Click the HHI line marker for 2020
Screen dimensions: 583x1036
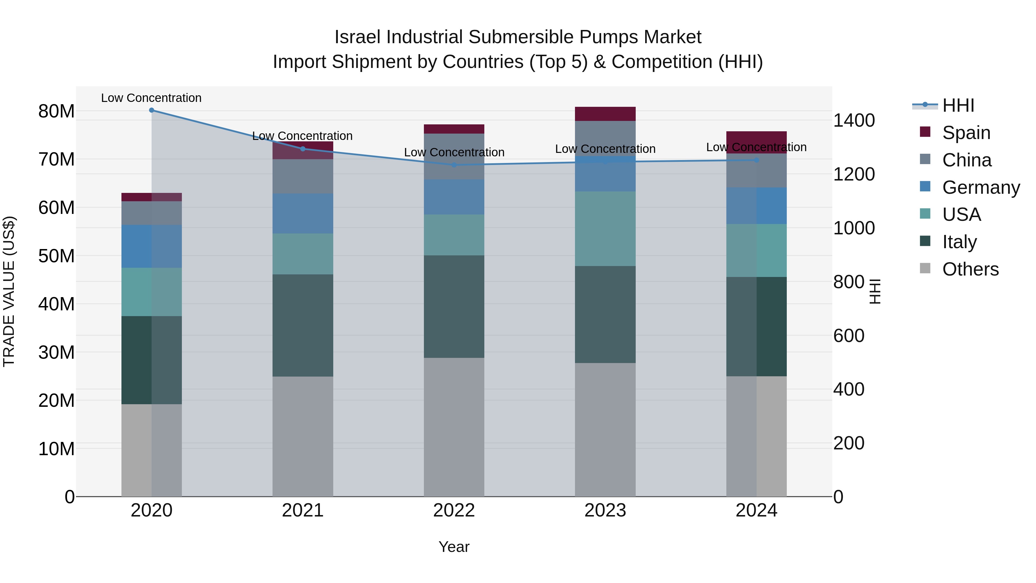point(152,110)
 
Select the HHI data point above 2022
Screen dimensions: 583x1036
point(454,165)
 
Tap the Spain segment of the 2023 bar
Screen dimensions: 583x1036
point(605,114)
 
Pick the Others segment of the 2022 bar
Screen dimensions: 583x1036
point(454,427)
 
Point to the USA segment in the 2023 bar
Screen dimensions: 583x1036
point(605,229)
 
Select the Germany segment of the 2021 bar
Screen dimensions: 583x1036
point(303,214)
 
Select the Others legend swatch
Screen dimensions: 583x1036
point(925,268)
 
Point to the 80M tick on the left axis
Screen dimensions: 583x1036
point(56,111)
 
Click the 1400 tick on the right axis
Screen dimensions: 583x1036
point(854,120)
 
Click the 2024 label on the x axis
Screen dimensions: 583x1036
point(756,510)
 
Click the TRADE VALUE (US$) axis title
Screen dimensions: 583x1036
point(9,291)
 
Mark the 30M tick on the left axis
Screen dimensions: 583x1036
point(56,352)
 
